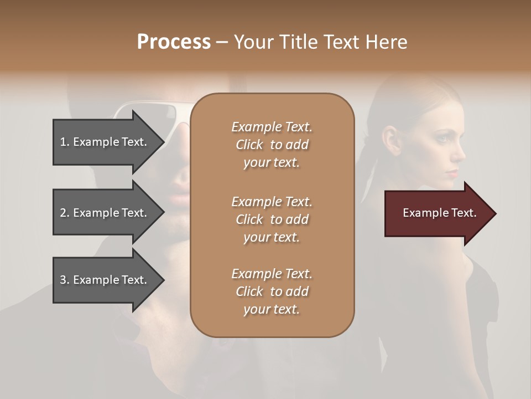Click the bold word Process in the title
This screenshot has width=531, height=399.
pyautogui.click(x=174, y=42)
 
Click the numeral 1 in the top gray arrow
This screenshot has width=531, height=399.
pyautogui.click(x=63, y=142)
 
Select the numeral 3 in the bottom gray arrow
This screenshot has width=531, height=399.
pyautogui.click(x=63, y=280)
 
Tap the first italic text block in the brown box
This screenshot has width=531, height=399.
pyautogui.click(x=272, y=145)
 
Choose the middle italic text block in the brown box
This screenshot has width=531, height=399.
pyautogui.click(x=272, y=219)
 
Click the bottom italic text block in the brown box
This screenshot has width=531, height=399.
pyautogui.click(x=272, y=291)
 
